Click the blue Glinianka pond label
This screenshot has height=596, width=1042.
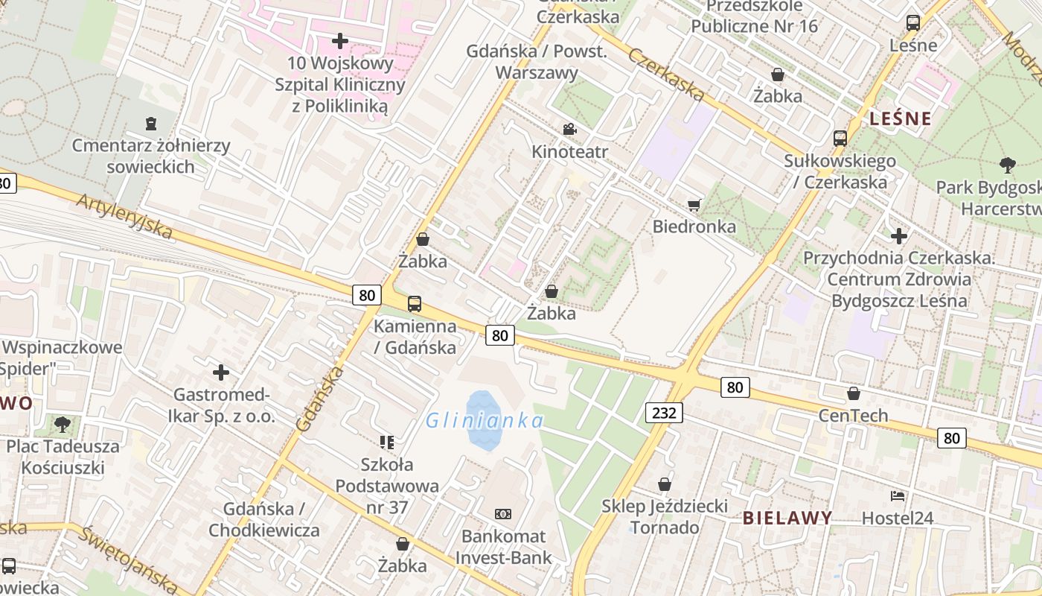point(485,421)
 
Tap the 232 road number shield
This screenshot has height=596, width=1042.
point(664,413)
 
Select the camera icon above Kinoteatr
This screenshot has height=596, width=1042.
point(569,129)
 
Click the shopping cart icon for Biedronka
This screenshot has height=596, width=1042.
point(694,205)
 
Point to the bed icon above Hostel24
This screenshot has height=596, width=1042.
point(898,495)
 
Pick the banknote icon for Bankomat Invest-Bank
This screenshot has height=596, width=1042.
point(503,514)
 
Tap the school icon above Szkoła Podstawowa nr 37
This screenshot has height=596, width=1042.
point(386,443)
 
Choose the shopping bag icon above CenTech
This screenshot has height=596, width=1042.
point(854,393)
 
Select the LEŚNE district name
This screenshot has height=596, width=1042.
point(901,118)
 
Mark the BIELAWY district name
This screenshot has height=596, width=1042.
point(787,518)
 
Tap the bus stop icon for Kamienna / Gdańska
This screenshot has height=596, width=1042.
point(415,304)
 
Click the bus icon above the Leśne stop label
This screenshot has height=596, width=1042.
point(913,23)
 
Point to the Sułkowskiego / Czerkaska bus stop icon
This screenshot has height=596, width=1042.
point(840,138)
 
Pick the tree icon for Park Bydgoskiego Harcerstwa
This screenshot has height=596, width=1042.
point(1008,165)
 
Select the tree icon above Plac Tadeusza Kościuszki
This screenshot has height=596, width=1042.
point(63,425)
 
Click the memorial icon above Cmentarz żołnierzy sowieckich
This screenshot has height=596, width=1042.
point(151,123)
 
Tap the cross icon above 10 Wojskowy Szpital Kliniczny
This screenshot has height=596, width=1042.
point(340,41)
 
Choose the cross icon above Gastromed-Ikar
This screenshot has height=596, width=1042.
point(221,372)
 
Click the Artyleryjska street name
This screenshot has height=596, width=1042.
point(124,216)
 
